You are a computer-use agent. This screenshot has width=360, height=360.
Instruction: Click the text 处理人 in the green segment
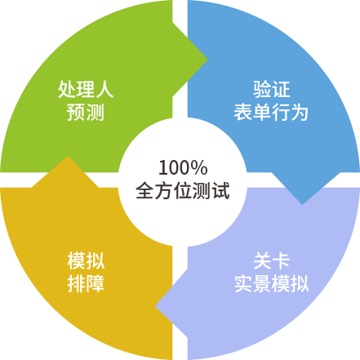[86, 89]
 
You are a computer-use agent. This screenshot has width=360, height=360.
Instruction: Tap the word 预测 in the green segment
[86, 112]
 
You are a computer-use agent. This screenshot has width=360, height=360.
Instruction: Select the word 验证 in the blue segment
[271, 89]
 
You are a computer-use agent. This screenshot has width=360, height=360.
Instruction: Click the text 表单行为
[271, 112]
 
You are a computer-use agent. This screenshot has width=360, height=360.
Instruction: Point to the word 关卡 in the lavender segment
[271, 260]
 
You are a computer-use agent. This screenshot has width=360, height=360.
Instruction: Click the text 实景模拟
[271, 283]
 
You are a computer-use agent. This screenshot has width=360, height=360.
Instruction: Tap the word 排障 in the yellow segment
[86, 283]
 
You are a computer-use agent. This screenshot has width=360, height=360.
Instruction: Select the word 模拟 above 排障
[86, 260]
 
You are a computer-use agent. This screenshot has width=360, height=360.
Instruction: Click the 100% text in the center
[183, 167]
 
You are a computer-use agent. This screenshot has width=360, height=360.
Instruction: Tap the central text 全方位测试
[183, 190]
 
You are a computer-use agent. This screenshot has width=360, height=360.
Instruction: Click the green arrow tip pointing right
[207, 60]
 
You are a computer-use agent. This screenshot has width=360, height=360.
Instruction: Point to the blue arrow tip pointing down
[302, 204]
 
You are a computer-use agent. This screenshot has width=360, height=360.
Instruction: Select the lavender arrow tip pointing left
[156, 306]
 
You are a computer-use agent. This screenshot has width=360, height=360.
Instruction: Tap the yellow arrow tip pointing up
[68, 156]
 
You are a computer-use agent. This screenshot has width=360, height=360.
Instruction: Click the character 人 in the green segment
[104, 89]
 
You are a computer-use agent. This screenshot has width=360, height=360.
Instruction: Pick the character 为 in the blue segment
[300, 112]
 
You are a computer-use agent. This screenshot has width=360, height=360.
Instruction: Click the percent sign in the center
[200, 167]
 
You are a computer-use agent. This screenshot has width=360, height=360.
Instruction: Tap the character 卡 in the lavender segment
[281, 260]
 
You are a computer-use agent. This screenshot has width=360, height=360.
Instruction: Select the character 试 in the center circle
[220, 190]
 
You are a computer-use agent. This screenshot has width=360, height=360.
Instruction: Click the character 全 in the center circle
[145, 190]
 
